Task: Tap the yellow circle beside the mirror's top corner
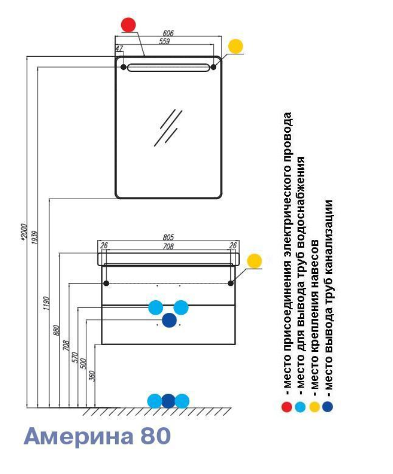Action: coord(235,47)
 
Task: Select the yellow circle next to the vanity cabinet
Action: coord(254,261)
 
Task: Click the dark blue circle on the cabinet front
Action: coord(169,320)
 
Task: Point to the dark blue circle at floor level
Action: coord(168,400)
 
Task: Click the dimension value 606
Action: coord(168,33)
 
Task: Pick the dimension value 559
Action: coord(164,42)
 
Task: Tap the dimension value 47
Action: coord(119,49)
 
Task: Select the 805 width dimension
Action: coord(168,237)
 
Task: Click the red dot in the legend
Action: coord(287,407)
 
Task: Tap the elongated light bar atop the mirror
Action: coord(168,67)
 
